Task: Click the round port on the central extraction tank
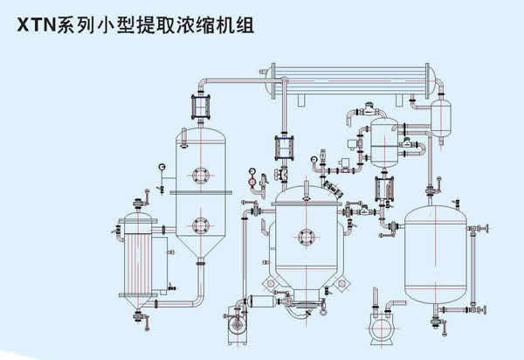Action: click(307, 234)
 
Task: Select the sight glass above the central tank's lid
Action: click(285, 147)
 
